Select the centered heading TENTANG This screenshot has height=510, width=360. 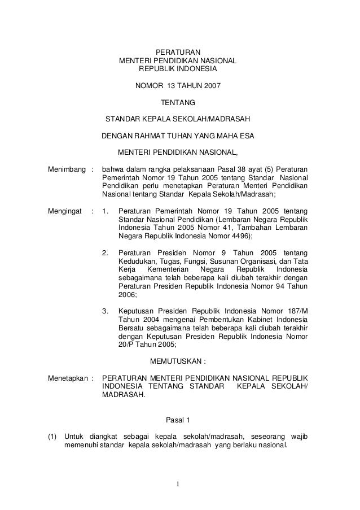pos(178,103)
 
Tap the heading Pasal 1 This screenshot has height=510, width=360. pos(178,419)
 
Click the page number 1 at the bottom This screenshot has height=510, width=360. pos(178,484)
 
